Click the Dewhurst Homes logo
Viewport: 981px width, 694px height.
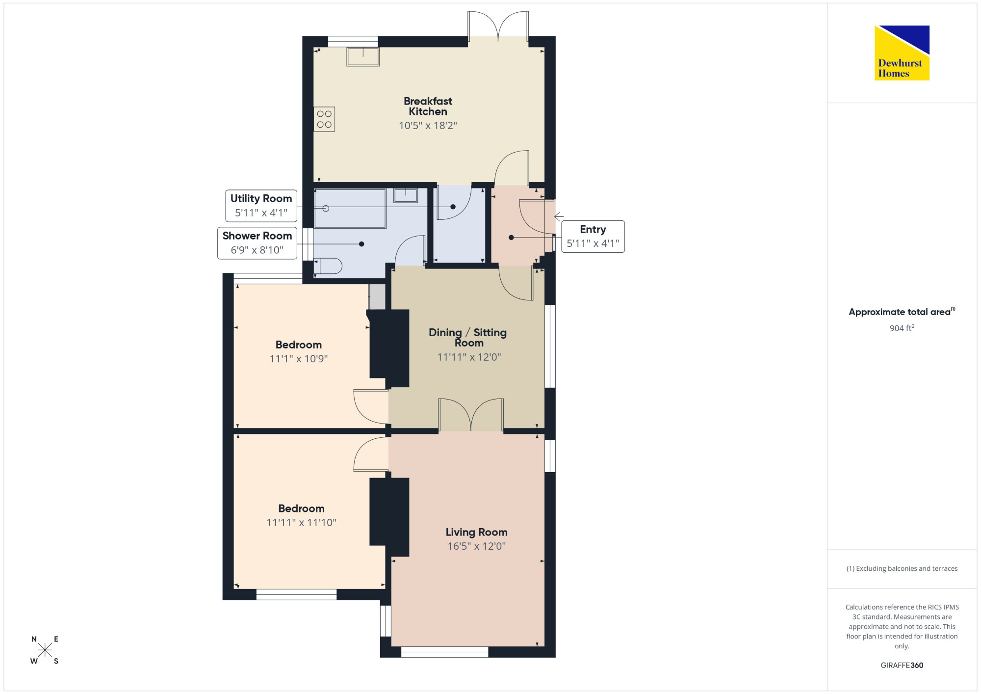tap(902, 53)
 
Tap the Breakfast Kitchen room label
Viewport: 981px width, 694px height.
tap(428, 107)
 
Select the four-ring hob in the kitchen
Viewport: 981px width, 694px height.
tap(324, 119)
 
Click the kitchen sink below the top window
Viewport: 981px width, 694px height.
tap(363, 56)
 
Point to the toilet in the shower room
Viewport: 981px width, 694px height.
tap(328, 266)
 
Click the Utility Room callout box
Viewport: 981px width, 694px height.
tap(261, 206)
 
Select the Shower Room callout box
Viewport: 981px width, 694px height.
tap(257, 243)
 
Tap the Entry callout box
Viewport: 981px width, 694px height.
tap(593, 237)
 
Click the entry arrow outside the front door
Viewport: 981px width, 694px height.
tap(559, 216)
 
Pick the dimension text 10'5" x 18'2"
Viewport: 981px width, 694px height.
tap(428, 126)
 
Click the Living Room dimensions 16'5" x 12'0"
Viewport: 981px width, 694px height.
tap(476, 546)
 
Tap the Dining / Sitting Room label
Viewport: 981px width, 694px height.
tap(468, 338)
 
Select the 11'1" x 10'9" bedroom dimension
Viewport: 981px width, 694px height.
tap(299, 359)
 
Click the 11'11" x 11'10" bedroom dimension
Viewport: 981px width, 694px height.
tap(301, 523)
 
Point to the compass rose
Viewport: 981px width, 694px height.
tap(45, 650)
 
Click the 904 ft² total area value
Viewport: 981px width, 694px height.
tap(902, 328)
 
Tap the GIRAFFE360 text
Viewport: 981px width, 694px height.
tap(902, 666)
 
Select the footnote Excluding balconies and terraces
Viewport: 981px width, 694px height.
tap(902, 568)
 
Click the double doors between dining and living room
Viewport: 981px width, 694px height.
tap(471, 415)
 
